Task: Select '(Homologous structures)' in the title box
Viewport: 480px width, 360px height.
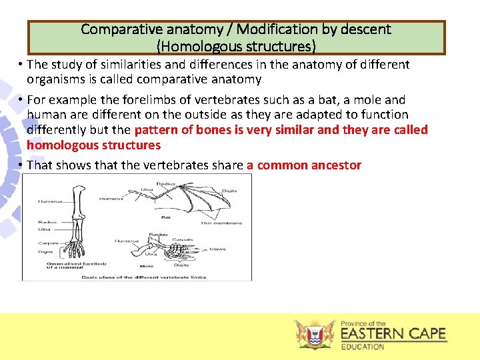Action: point(236,46)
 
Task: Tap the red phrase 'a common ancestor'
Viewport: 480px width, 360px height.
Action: point(304,165)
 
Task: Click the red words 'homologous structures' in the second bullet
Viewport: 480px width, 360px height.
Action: point(93,145)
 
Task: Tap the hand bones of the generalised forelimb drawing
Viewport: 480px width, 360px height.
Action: point(73,247)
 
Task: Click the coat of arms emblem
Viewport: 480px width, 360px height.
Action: point(315,334)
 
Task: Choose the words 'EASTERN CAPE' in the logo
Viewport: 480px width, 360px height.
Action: point(393,333)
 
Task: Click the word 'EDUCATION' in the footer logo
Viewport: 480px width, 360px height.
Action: point(363,346)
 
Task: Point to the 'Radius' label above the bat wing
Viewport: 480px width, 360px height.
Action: point(166,183)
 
